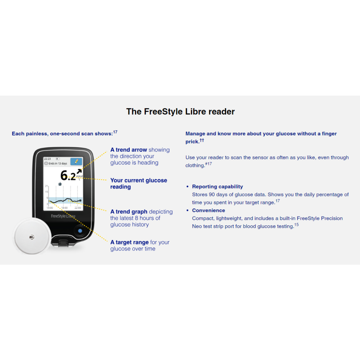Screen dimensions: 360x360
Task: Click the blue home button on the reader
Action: (x=80, y=231)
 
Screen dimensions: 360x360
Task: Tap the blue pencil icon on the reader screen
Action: (x=76, y=161)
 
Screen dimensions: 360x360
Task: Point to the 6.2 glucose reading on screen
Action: (x=68, y=175)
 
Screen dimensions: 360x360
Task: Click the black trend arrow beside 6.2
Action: (x=79, y=173)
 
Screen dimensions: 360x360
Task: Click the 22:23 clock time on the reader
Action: (x=47, y=159)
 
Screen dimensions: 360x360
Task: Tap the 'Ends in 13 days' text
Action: (x=57, y=163)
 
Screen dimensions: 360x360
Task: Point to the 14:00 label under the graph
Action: (x=50, y=208)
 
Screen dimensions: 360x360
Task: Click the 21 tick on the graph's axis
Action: (x=46, y=186)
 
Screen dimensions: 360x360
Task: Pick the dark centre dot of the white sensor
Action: (x=32, y=237)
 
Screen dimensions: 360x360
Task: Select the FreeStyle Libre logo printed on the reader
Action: (x=63, y=216)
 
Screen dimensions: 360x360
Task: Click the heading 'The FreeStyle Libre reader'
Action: (x=180, y=112)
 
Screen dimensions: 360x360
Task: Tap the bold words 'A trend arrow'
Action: (x=129, y=150)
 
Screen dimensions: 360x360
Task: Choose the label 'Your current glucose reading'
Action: (x=139, y=184)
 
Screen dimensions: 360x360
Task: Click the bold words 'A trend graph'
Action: (x=129, y=212)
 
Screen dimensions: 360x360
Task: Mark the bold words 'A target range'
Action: (x=129, y=242)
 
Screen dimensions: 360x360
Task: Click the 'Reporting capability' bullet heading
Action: (x=217, y=187)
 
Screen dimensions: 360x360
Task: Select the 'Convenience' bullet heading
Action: (x=208, y=211)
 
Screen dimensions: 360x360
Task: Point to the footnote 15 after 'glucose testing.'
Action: (x=296, y=225)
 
